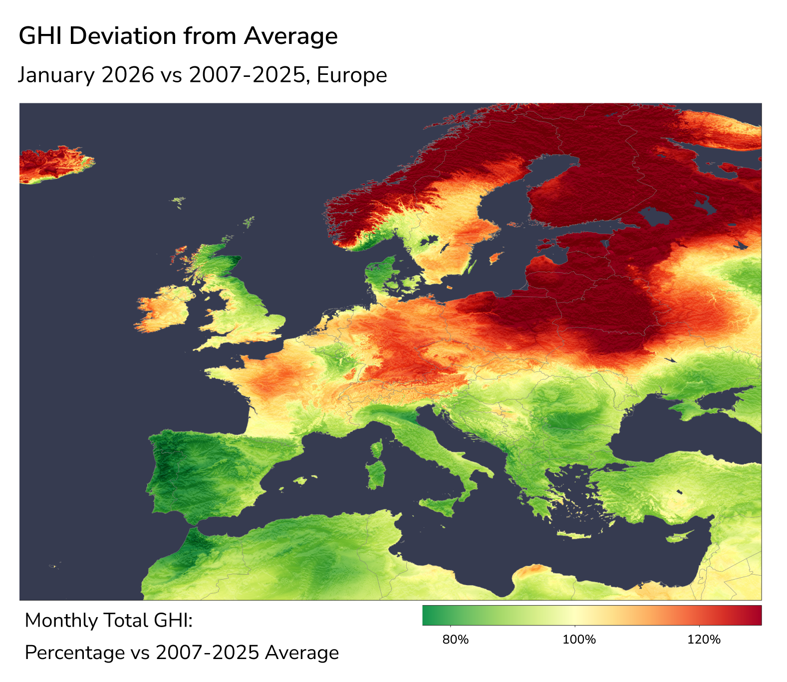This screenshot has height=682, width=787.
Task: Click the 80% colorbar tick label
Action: tap(456, 640)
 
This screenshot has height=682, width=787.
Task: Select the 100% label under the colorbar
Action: tap(579, 640)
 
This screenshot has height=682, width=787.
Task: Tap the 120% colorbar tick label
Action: tap(704, 640)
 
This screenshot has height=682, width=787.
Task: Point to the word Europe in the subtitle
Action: tap(351, 75)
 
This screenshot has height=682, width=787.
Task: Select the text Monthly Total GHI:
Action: tap(108, 621)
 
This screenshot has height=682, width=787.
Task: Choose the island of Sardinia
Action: tap(376, 475)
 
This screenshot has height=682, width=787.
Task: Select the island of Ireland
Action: tap(163, 310)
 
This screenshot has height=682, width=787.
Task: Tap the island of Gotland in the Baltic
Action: tap(495, 258)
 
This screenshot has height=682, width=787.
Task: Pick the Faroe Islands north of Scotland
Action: tap(178, 201)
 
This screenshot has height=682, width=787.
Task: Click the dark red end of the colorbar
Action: tap(755, 615)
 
